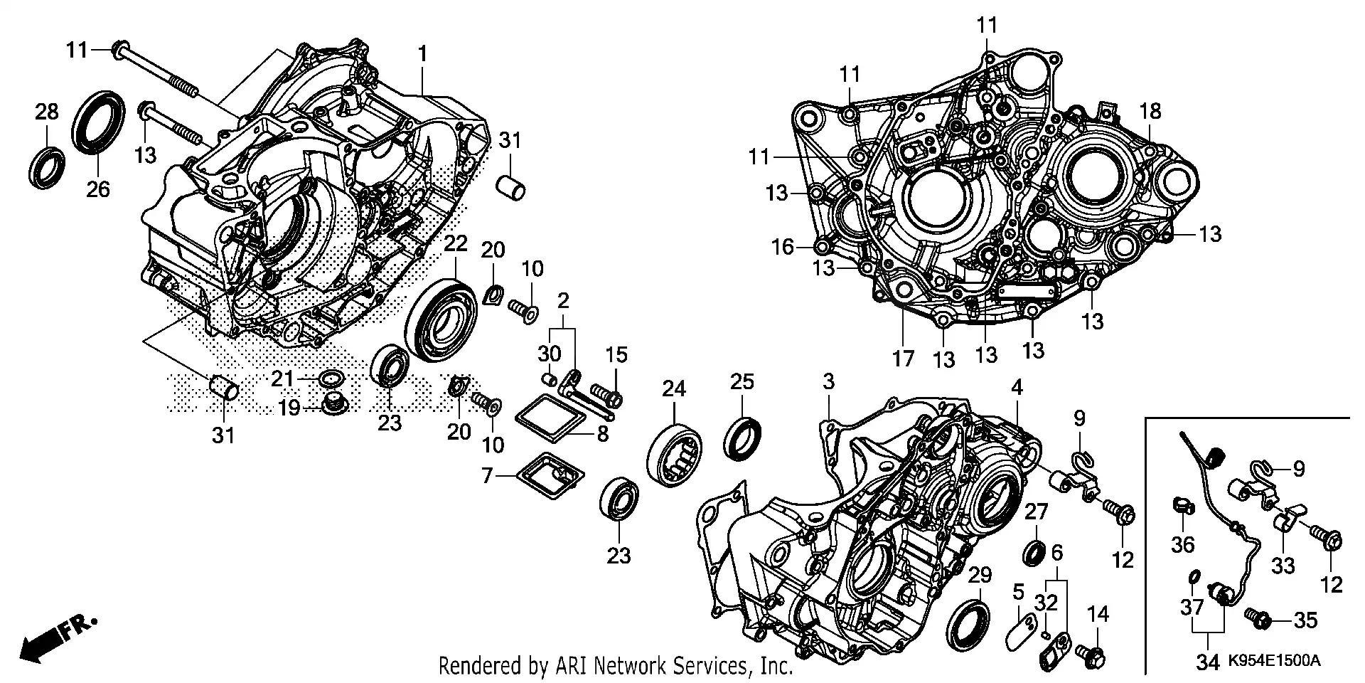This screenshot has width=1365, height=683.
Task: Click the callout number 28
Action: [x=47, y=112]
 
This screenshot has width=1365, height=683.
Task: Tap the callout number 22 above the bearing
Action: [x=456, y=244]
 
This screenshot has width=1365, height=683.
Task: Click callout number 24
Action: [x=674, y=388]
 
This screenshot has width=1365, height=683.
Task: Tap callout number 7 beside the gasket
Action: [x=487, y=475]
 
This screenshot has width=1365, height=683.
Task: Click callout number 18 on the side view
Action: [x=1150, y=112]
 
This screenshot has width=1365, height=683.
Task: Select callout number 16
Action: [x=783, y=247]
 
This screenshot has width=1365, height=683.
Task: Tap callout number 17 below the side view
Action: [x=903, y=359]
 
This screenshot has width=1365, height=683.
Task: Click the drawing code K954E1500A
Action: [x=1274, y=662]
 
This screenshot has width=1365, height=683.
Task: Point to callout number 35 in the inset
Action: [x=1305, y=621]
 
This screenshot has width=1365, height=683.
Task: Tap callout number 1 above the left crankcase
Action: [x=423, y=54]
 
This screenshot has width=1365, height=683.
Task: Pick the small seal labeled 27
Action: [x=1034, y=552]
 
